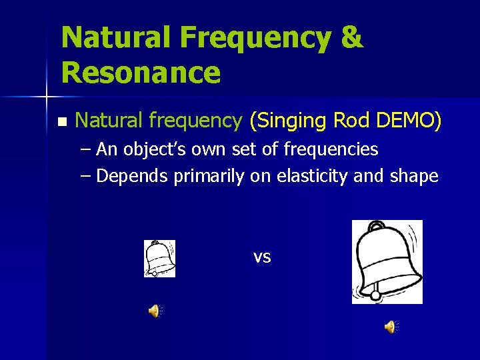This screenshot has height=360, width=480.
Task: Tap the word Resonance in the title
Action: [x=141, y=73]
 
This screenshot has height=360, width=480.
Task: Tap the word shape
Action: [x=415, y=176]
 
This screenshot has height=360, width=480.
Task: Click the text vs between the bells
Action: [x=262, y=257]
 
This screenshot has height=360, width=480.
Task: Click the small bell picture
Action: [x=159, y=259]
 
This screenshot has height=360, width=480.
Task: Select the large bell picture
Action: [x=387, y=261]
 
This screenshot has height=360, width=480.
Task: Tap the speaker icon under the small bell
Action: [x=155, y=311]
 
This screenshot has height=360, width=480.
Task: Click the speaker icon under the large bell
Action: [x=391, y=327]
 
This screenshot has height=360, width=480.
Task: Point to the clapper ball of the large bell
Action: [x=376, y=295]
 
